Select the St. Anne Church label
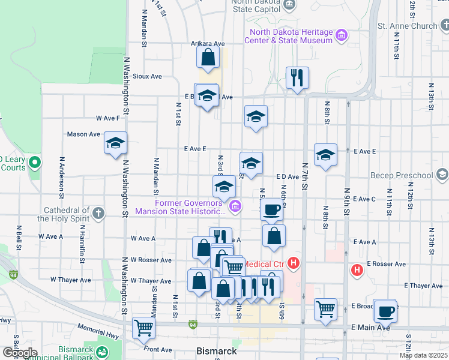coord(407,26)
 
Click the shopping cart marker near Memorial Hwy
coord(144,328)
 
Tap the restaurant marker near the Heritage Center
coord(297,78)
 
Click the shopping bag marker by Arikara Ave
coord(208,58)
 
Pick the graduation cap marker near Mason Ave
coord(115,144)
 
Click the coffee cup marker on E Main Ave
coord(385,311)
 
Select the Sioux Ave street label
coord(147,76)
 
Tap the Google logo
coord(19,353)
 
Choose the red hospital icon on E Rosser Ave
coord(357,270)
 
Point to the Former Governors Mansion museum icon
coord(235,207)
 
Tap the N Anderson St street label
coord(61,178)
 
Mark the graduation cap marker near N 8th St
coord(325,155)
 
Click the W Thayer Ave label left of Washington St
coord(70,280)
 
